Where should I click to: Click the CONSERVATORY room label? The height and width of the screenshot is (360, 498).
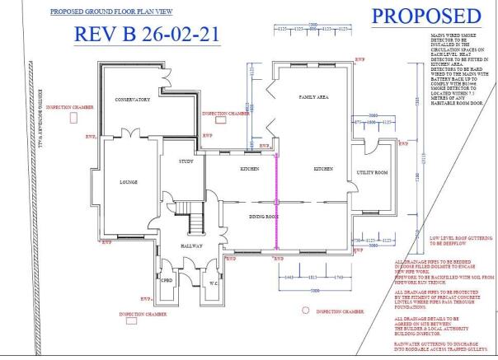tap(132, 100)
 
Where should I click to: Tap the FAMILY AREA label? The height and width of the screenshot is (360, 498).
tap(313, 97)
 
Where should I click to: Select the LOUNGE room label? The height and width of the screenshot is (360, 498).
tap(128, 182)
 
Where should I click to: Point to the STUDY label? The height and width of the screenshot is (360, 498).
tap(186, 161)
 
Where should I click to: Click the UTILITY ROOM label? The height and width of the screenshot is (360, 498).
tap(372, 173)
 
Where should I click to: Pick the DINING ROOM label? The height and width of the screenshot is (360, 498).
tap(265, 217)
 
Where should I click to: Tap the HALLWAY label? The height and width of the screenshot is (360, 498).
tap(192, 245)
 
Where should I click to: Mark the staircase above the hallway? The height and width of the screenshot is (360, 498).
tap(196, 223)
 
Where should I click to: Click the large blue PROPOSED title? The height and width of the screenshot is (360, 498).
tap(425, 16)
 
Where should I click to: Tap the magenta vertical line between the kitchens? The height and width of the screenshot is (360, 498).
tap(278, 198)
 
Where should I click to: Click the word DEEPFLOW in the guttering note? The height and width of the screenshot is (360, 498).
tap(445, 245)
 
